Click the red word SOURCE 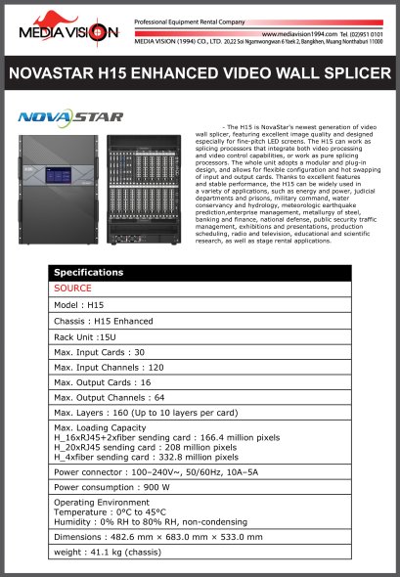(72, 288)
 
